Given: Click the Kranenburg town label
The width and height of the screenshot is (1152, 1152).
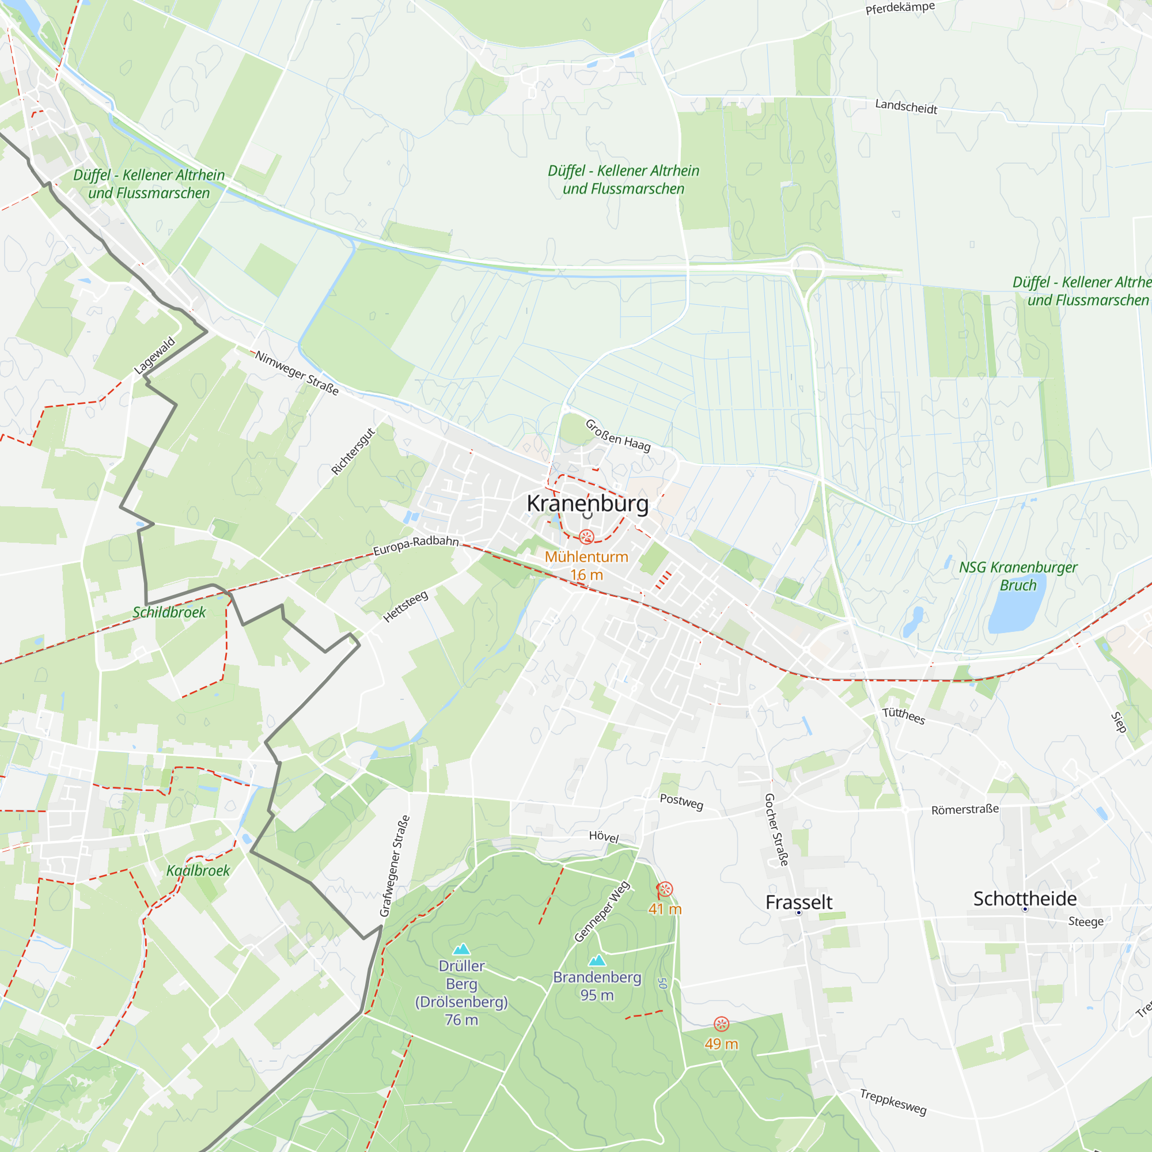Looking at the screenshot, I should point(588,504).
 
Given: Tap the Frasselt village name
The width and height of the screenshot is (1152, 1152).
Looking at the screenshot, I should point(798,903).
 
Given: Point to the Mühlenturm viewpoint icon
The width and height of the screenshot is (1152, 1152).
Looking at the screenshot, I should point(587,537).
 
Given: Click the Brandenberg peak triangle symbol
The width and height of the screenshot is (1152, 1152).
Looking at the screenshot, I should point(597,961).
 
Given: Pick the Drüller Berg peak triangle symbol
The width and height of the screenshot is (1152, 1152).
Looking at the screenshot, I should point(461,949).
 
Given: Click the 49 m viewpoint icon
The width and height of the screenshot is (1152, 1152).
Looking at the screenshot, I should point(721,1024).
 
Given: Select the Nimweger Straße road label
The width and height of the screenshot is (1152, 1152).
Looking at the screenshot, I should point(297,373).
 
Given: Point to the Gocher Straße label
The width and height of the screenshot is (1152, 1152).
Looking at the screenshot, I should point(776,829).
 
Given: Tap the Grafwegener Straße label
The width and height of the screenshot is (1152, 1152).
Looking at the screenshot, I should point(395,866).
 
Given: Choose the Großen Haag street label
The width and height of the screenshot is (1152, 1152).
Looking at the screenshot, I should point(617,436).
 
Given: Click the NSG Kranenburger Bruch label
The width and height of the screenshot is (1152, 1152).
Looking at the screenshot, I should point(1018,576).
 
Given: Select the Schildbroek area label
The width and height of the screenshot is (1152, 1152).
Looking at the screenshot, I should point(169,612).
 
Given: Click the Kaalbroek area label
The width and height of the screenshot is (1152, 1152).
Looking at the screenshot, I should point(198,870).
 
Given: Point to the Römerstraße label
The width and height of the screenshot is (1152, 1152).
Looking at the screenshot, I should point(965,810).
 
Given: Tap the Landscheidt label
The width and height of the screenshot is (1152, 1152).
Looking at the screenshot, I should point(905,107).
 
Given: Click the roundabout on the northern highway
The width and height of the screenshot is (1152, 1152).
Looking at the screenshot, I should point(807,264).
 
